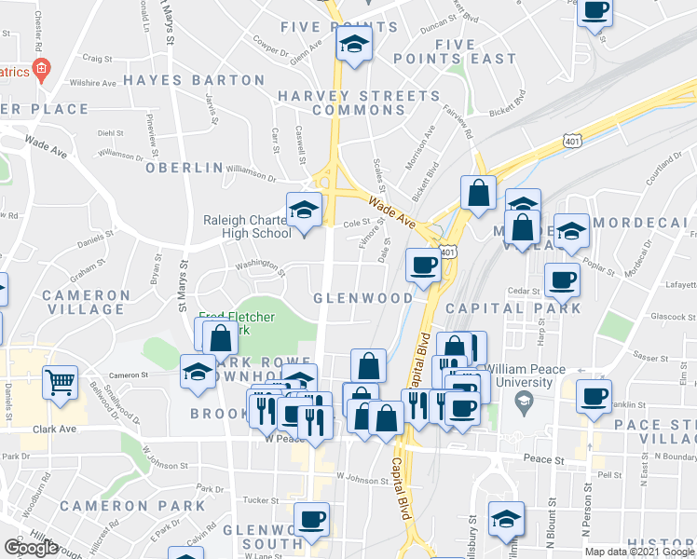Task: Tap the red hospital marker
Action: (39, 69)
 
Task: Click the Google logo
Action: (31, 548)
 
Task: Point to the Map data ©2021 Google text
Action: (639, 552)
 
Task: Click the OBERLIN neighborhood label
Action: (185, 168)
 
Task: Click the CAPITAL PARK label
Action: (526, 307)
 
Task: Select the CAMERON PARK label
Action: (132, 506)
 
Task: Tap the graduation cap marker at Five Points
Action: (354, 45)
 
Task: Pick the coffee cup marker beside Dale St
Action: (423, 265)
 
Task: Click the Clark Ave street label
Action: (53, 429)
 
